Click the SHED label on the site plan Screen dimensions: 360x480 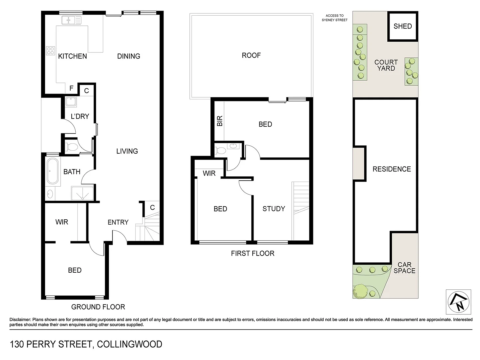tap(402, 26)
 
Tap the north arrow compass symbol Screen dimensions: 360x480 tap(458, 302)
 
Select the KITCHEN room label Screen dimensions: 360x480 tap(72, 56)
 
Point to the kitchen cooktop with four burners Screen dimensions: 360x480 tap(50, 51)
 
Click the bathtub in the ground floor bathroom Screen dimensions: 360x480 tap(53, 171)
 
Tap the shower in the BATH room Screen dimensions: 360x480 tap(82, 193)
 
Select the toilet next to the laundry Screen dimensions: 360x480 tap(71, 147)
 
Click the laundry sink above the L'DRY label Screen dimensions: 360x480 tap(71, 101)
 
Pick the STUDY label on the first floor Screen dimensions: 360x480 tap(274, 209)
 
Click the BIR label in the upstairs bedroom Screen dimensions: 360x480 tap(220, 121)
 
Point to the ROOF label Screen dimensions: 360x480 tap(251, 55)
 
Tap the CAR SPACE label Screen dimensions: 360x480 tap(404, 268)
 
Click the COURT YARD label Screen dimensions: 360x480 tap(386, 65)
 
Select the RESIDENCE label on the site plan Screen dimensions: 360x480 tap(392, 169)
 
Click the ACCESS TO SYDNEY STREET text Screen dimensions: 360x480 tap(334, 18)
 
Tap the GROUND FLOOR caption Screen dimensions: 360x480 tap(98, 307)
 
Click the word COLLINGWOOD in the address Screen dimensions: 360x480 tap(130, 344)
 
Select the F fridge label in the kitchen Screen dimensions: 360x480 tap(71, 88)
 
